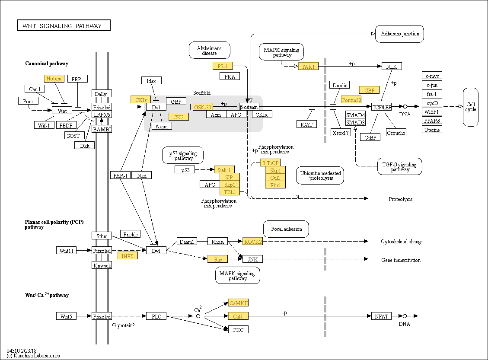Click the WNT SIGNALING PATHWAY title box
pos(64,25)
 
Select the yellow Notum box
pos(54,78)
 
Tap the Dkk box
pos(84,145)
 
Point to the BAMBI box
pos(102,129)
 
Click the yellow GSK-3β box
pos(203,107)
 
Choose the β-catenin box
pos(249,107)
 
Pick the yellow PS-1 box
pos(223,66)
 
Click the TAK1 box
pos(308,66)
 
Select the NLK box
pos(392,66)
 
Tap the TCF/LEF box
pos(382,107)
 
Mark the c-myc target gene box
pos(432,76)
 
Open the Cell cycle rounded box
pos(471,107)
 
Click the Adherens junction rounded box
pos(400,34)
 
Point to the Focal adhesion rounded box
pos(286,229)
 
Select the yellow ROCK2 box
pos(253,242)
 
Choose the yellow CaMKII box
pos(239,303)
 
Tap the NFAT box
pos(382,316)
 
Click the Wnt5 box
pos(66,316)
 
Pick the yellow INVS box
pos(128,255)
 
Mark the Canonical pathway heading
pos(47,64)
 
